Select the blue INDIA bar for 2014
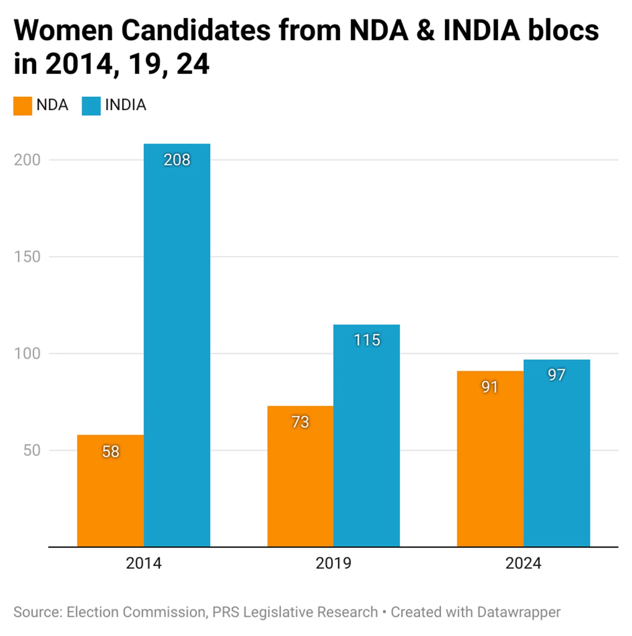(177, 348)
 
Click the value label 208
(177, 160)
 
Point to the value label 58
(110, 452)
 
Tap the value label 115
(367, 340)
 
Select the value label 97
(557, 375)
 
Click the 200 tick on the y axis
(27, 160)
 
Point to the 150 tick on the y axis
(27, 257)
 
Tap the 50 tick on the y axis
(32, 450)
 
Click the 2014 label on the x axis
(143, 563)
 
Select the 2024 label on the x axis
(523, 563)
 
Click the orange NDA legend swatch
(23, 106)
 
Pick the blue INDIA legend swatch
(91, 106)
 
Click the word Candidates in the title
(196, 30)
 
